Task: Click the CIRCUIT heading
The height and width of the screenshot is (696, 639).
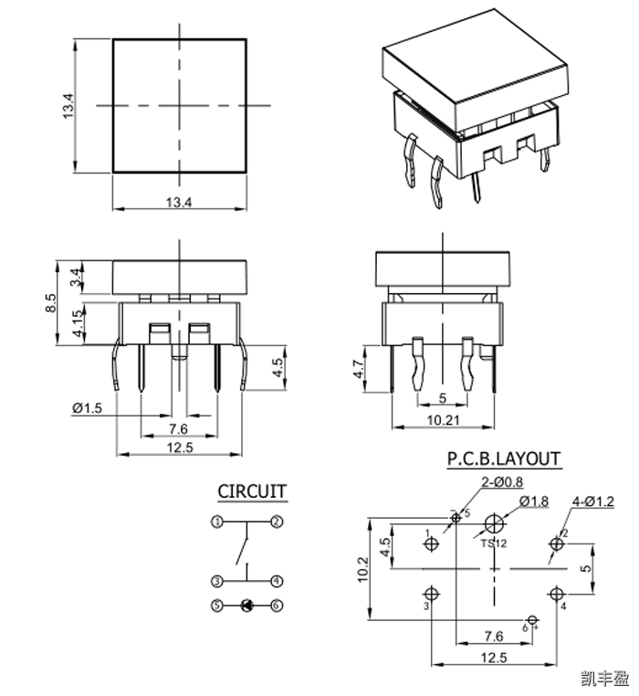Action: point(252,491)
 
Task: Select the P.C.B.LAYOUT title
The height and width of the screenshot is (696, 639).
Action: point(503,459)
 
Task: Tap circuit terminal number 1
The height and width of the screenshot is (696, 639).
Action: point(216,522)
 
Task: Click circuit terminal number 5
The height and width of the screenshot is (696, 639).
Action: point(216,605)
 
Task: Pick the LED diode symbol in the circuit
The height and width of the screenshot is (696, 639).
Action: point(246,605)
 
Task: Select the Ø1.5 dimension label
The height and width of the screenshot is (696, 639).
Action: point(88,407)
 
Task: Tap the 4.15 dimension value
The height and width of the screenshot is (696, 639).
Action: point(80,324)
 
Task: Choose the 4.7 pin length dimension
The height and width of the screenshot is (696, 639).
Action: point(359,370)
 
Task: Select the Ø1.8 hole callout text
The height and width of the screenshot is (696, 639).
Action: point(534,501)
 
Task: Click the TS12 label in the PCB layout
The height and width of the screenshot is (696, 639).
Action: point(493,543)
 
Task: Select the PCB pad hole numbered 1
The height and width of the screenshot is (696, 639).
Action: point(432,544)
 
